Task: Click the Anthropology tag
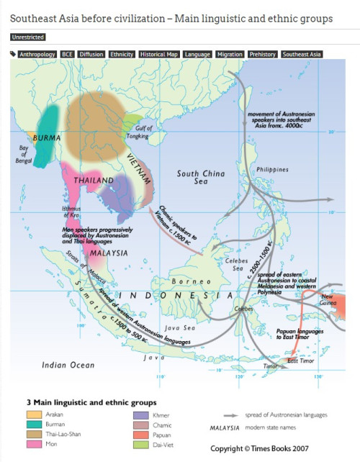38,54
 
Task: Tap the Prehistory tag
262,54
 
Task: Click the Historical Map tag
158,54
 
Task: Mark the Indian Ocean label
68,365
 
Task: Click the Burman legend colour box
33,425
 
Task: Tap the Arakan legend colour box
33,415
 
